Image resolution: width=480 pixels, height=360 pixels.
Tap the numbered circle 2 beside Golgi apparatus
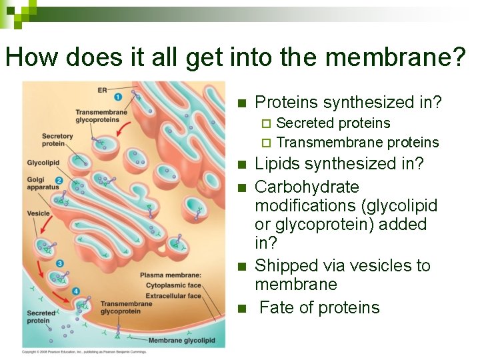[x=59, y=180]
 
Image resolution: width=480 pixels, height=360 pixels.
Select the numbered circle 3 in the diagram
[x=59, y=263]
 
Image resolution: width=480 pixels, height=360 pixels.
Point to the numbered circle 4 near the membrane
[x=75, y=291]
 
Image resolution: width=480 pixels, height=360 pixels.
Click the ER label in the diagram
[x=102, y=90]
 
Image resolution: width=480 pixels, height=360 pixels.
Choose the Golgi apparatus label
[x=41, y=184]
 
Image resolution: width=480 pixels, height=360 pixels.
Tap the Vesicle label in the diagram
[x=39, y=213]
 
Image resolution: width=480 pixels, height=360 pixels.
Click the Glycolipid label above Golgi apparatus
[x=43, y=163]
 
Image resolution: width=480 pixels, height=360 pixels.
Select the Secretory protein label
[x=57, y=140]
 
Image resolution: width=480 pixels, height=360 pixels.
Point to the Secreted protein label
[x=41, y=317]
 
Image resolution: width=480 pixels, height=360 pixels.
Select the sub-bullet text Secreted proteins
[x=333, y=123]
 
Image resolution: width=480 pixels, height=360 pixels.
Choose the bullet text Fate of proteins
[x=319, y=307]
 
